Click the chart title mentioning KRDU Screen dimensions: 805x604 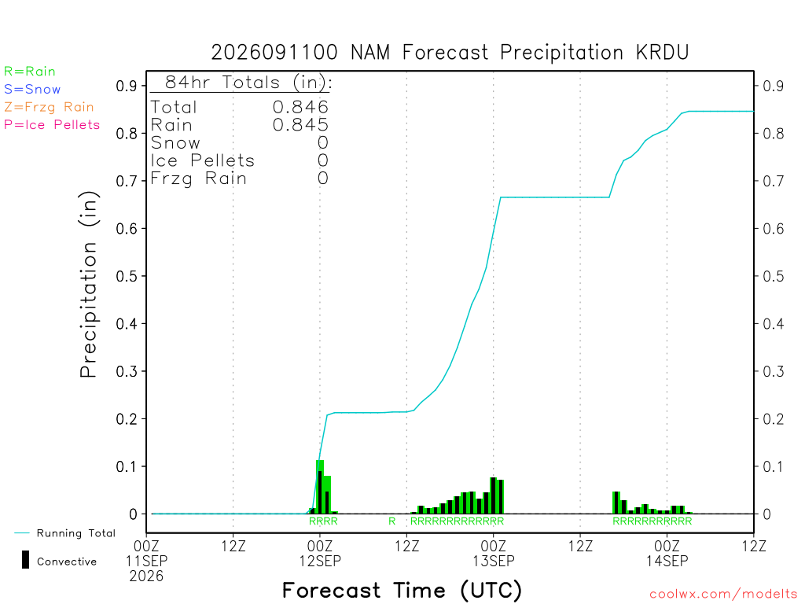point(450,53)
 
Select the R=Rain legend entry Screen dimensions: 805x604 point(30,72)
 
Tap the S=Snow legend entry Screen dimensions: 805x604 point(32,90)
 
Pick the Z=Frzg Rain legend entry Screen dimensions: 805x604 point(49,107)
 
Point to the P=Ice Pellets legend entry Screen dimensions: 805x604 point(52,125)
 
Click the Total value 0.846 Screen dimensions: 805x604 point(300,107)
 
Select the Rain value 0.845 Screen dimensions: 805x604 point(300,125)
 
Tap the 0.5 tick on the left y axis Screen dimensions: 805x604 point(127,276)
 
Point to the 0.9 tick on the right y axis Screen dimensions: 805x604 point(774,86)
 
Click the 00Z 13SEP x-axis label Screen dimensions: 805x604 point(494,553)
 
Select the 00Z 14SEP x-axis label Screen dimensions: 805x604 point(667,553)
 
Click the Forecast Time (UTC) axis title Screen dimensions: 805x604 point(402,591)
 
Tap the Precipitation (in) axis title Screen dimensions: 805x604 point(89,285)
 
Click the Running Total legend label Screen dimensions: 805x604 point(76,533)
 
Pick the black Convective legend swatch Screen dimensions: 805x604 point(25,560)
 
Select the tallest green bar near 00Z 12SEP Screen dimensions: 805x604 point(320,487)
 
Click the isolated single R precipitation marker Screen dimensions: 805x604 point(391,521)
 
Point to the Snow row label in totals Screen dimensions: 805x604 point(175,143)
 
